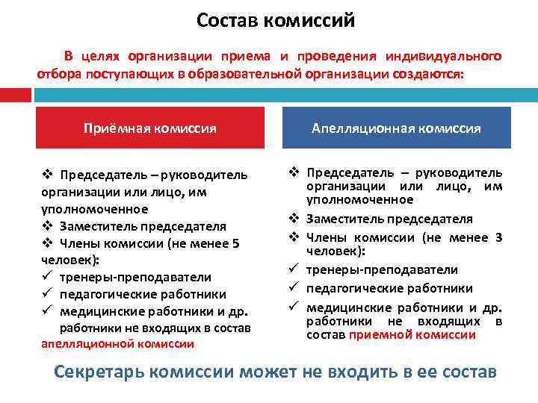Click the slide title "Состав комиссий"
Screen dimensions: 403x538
click(276, 20)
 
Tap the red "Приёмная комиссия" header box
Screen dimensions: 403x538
click(150, 128)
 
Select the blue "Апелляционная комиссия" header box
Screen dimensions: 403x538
click(396, 128)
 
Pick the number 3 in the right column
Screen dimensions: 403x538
click(498, 237)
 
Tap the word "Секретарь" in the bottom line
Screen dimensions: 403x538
click(97, 371)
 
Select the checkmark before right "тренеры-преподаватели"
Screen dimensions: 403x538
click(294, 269)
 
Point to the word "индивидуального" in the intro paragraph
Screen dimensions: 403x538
click(443, 57)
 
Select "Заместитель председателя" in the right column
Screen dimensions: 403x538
click(389, 219)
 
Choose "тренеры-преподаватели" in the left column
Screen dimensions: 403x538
click(135, 277)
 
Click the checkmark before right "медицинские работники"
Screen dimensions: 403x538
click(294, 307)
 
